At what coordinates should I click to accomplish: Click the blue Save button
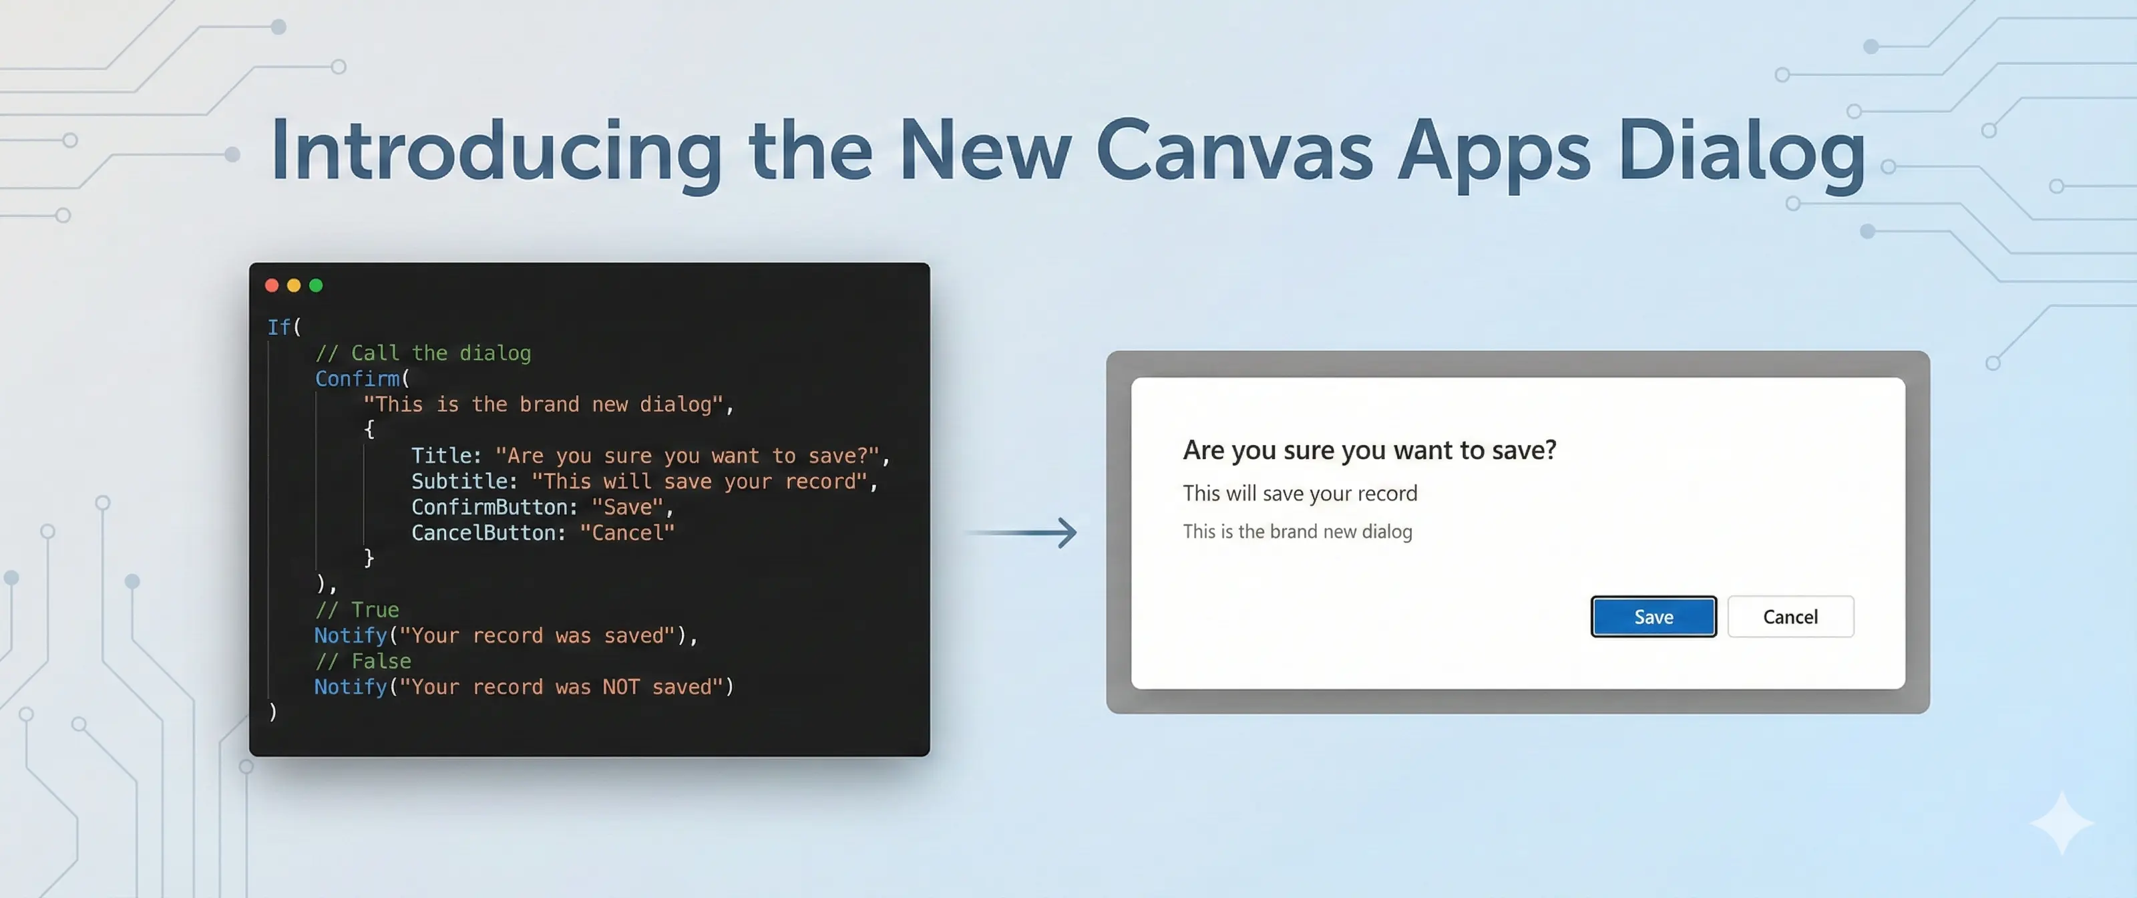1653,617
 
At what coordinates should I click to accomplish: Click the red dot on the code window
271,285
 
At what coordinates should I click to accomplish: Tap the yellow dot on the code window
294,285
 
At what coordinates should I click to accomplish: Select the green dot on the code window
316,285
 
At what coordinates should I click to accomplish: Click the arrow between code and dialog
1024,532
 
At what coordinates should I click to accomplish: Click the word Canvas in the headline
1233,151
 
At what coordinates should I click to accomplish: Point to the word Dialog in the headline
1740,151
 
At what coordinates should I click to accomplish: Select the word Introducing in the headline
496,151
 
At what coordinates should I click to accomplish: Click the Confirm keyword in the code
357,378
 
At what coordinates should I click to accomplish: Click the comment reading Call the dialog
423,353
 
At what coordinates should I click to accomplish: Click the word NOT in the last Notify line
620,686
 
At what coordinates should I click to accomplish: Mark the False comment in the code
363,661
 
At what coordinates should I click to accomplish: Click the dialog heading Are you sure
1369,450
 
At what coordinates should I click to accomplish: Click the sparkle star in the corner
2062,822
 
